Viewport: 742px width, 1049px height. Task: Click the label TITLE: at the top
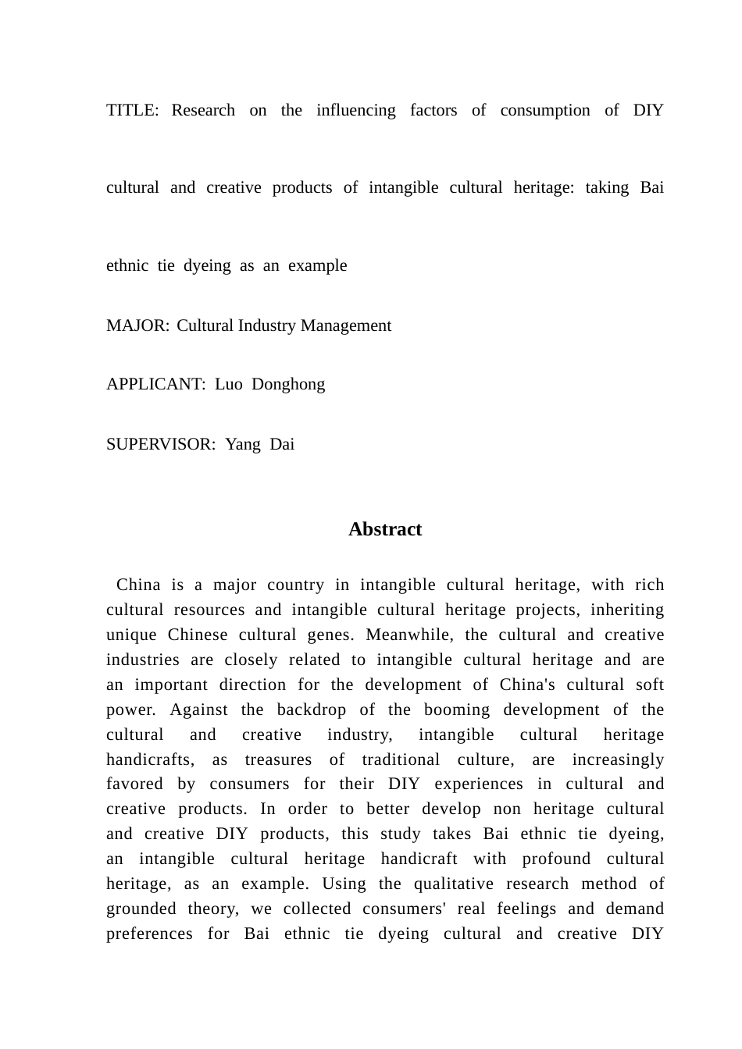[132, 110]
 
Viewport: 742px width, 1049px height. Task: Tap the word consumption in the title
[544, 110]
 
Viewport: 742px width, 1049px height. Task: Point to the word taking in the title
[606, 187]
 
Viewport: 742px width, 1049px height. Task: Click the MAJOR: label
[137, 325]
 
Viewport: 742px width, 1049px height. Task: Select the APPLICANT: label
[155, 384]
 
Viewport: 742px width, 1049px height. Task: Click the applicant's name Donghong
[288, 384]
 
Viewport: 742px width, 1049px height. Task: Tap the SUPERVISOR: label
[160, 444]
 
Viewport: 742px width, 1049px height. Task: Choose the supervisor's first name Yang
[243, 444]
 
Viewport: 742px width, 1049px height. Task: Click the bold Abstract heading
[385, 529]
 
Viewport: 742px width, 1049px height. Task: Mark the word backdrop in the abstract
[305, 709]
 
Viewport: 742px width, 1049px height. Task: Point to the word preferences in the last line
[149, 933]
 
